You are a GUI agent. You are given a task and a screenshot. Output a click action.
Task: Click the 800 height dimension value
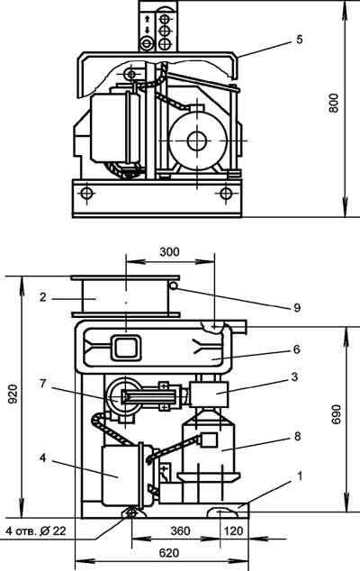pos(334,103)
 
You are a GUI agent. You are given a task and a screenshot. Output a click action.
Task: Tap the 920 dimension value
pos(13,394)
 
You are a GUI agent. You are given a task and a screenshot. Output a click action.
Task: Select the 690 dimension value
pos(337,414)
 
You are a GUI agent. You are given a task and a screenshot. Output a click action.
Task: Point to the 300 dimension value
pos(169,251)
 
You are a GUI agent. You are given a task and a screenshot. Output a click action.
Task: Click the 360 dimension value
pos(180,530)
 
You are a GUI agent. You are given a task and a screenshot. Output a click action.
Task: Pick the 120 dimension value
pos(233,530)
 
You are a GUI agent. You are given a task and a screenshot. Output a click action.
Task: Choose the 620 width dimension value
pos(169,553)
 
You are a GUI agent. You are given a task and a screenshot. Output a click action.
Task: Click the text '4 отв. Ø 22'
pos(36,530)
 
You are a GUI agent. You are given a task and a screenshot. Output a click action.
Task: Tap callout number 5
pos(299,40)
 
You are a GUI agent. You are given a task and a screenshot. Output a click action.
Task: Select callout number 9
pos(297,308)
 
